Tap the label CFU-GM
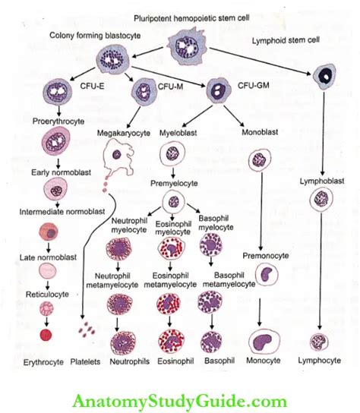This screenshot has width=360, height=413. tap(253, 85)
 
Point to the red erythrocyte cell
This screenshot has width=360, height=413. tap(46, 335)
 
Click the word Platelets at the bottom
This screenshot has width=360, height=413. tap(85, 361)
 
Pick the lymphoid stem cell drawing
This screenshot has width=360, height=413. tap(324, 77)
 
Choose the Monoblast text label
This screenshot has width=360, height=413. tap(260, 132)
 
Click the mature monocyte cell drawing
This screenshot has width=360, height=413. tap(264, 342)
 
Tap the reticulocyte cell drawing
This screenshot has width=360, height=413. tap(46, 308)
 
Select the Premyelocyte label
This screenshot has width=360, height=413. tap(174, 183)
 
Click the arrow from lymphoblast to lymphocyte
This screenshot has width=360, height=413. tap(321, 271)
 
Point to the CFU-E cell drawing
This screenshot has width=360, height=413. tap(58, 92)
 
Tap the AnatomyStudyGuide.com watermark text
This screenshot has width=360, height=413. tap(180, 402)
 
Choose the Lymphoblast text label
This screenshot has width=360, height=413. tap(322, 181)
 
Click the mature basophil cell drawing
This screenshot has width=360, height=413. tap(211, 342)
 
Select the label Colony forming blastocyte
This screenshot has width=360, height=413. tap(95, 36)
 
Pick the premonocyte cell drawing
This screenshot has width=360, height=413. tap(267, 275)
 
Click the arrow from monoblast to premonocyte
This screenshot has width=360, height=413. tap(261, 211)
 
